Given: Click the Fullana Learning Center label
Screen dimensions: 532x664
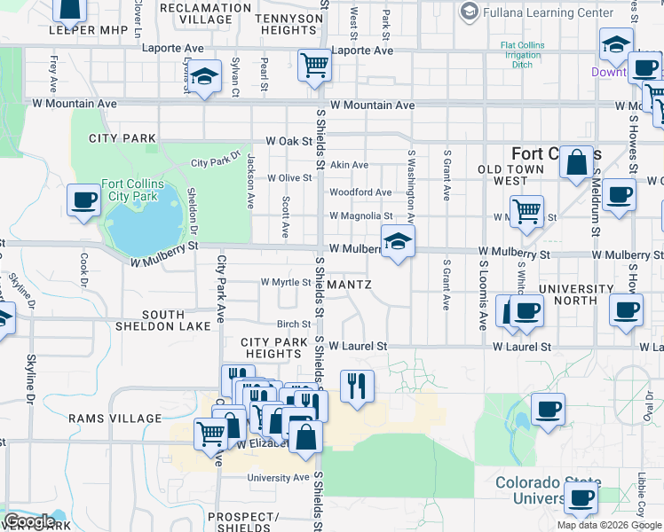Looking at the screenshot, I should (x=548, y=12).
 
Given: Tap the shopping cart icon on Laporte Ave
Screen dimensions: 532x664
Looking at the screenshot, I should (x=314, y=65).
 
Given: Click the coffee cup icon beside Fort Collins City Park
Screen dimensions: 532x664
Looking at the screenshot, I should (x=83, y=199).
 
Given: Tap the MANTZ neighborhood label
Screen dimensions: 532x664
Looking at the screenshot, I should (x=349, y=285).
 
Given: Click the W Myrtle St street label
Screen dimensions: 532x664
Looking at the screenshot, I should (x=286, y=283).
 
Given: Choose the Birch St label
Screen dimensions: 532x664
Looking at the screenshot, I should (x=293, y=325).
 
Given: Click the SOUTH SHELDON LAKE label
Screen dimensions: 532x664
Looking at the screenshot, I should (x=163, y=320).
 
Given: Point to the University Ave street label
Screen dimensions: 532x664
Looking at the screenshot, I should (x=279, y=478).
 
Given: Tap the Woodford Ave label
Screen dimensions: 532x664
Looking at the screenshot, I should (x=360, y=192).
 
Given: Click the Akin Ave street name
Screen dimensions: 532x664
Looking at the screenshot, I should (x=349, y=165).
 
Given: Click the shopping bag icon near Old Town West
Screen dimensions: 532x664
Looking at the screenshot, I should (x=576, y=163).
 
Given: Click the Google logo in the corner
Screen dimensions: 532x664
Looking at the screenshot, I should (x=28, y=521).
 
